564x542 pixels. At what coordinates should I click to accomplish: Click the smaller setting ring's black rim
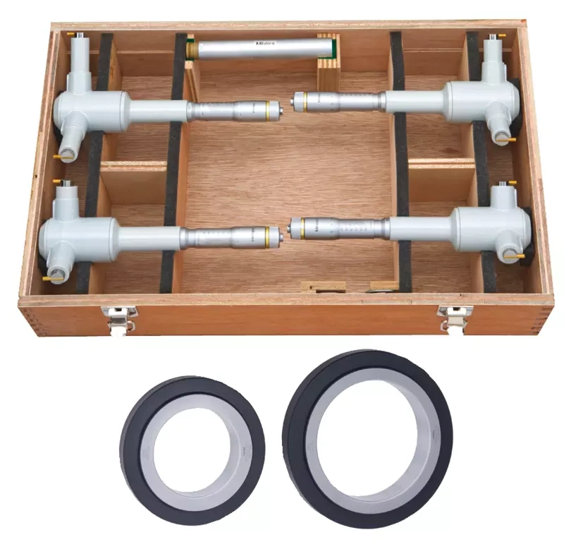[134, 438]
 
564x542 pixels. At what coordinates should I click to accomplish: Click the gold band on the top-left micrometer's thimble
[269, 109]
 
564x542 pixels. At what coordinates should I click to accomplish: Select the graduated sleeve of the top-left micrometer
[211, 110]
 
